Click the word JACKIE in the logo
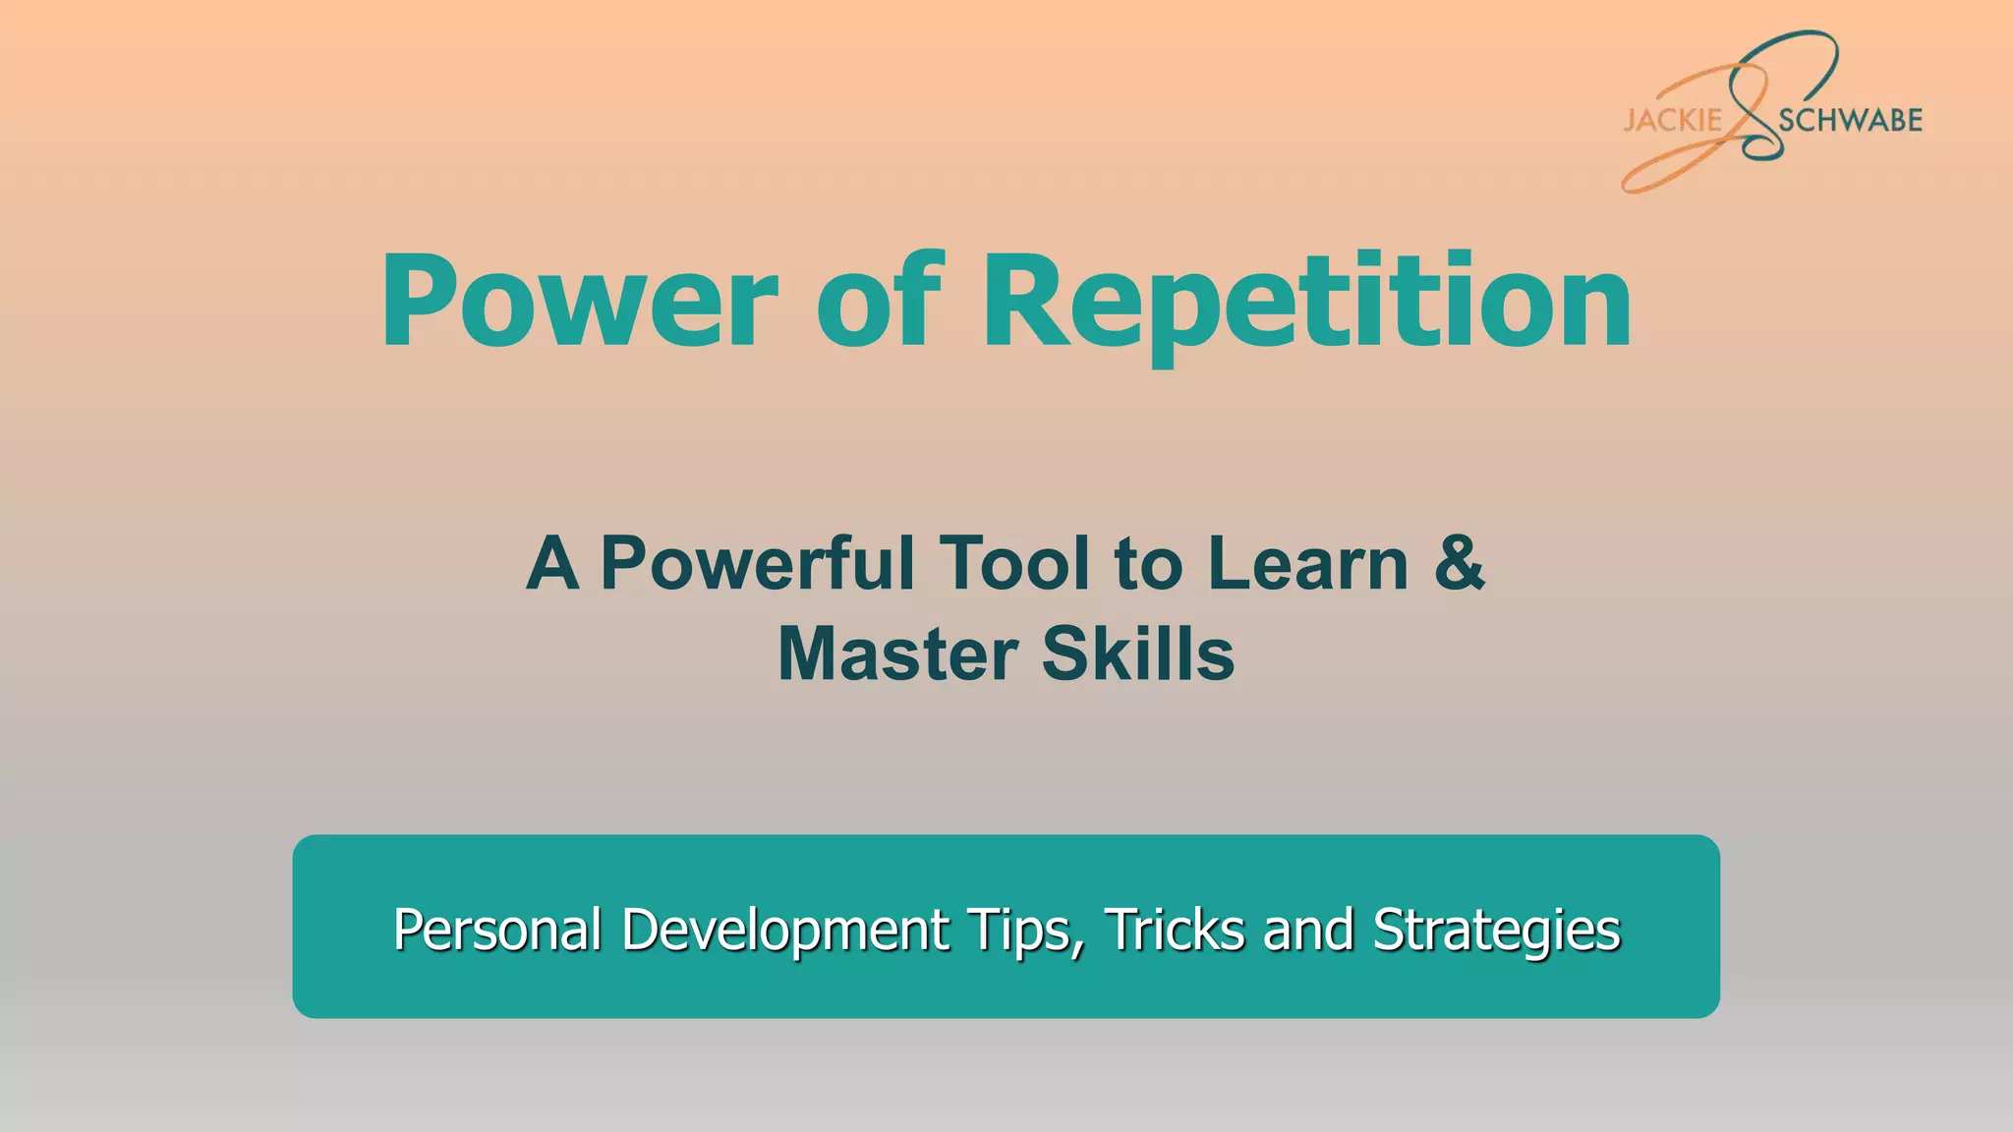1672,121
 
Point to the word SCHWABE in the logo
1850,121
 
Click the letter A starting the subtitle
551,564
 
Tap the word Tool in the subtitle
1013,564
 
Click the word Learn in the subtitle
1307,564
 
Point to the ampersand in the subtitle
1460,564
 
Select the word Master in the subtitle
897,654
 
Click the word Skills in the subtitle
1137,654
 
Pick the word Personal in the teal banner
497,930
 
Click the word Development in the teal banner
785,930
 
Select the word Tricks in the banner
1175,930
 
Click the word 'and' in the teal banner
1307,930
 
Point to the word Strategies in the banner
1496,930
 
